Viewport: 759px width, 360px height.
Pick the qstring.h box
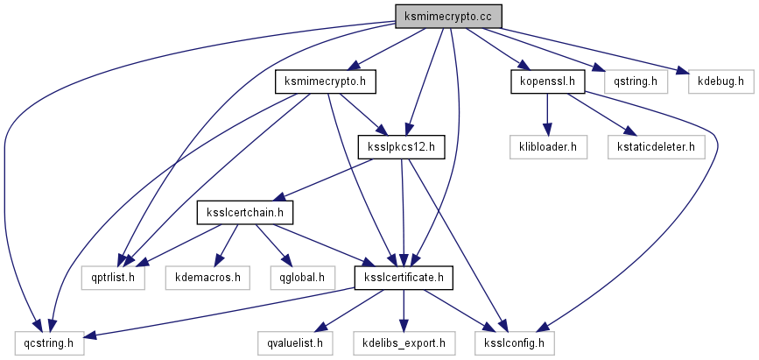click(x=630, y=82)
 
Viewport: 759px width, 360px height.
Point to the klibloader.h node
click(x=547, y=147)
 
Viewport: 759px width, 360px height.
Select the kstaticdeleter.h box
click(x=656, y=147)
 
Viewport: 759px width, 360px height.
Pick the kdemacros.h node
click(x=207, y=278)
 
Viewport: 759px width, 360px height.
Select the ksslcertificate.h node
click(x=404, y=278)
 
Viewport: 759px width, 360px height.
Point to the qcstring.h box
click(x=49, y=342)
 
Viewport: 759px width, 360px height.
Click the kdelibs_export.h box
click(x=404, y=342)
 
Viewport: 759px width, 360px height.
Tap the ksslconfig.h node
click(x=515, y=342)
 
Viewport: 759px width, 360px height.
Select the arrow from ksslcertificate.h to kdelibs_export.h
click(x=404, y=310)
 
